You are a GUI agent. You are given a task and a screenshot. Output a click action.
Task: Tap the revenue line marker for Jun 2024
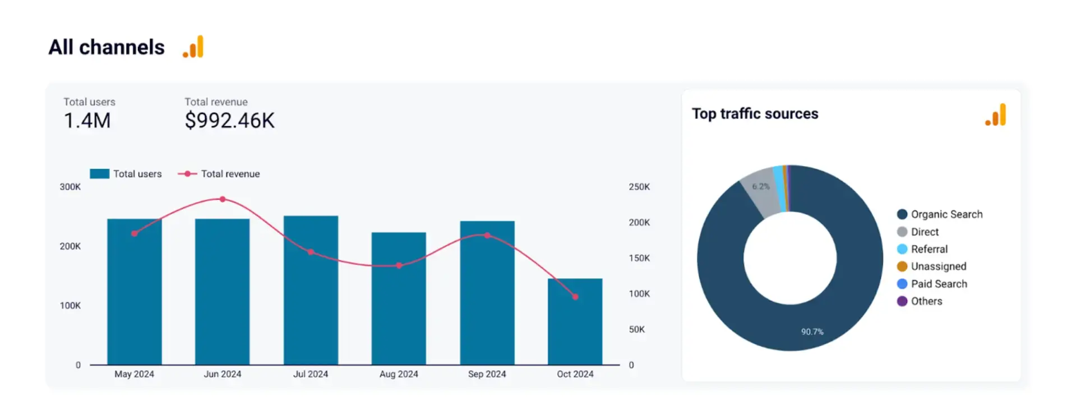pyautogui.click(x=223, y=199)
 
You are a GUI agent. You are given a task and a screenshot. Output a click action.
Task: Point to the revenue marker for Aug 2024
pyautogui.click(x=399, y=265)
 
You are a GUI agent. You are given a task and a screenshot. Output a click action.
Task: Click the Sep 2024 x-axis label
pyautogui.click(x=487, y=374)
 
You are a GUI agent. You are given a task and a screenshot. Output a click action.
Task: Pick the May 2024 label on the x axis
pyautogui.click(x=134, y=374)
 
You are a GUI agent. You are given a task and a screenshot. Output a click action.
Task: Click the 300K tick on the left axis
pyautogui.click(x=70, y=187)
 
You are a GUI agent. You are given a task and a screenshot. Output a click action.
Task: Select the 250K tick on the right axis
pyautogui.click(x=639, y=187)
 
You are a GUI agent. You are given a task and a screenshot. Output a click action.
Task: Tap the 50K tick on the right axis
pyautogui.click(x=636, y=329)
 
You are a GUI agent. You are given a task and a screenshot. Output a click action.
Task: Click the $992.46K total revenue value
pyautogui.click(x=230, y=121)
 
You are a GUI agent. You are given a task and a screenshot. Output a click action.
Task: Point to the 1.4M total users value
pyautogui.click(x=87, y=121)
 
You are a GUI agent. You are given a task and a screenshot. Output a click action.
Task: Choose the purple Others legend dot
pyautogui.click(x=902, y=301)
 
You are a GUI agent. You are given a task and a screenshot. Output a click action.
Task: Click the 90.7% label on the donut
pyautogui.click(x=812, y=332)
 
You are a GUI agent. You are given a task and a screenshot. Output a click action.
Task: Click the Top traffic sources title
pyautogui.click(x=755, y=114)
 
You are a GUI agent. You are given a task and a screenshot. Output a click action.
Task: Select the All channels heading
pyautogui.click(x=107, y=47)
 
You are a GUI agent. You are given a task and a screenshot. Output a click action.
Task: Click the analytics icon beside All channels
pyautogui.click(x=193, y=47)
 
